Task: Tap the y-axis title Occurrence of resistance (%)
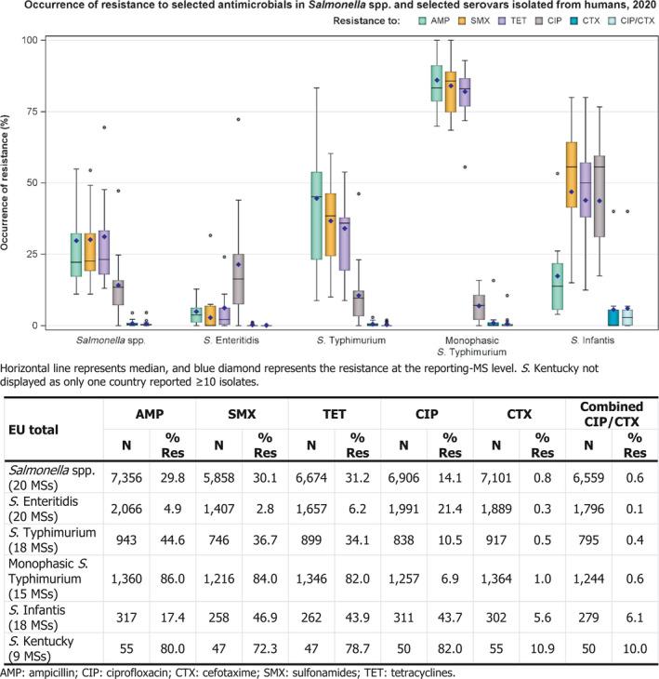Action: pyautogui.click(x=11, y=182)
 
